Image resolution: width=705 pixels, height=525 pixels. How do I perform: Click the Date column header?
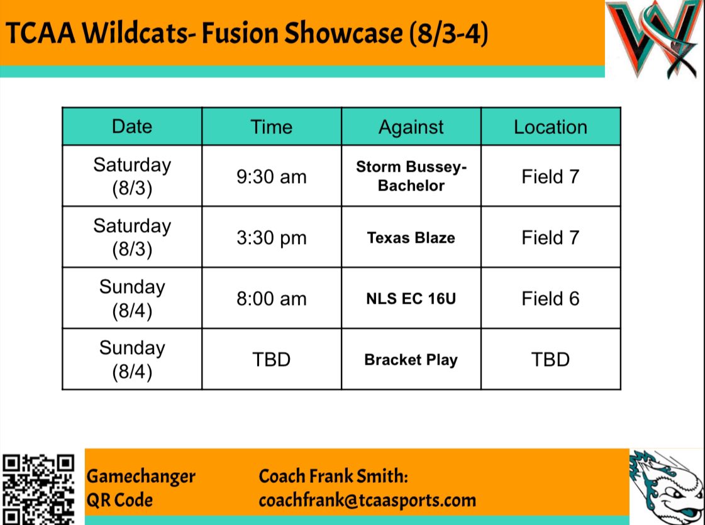132,126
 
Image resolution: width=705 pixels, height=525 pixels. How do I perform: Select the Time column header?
272,126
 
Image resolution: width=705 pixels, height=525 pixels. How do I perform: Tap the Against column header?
411,126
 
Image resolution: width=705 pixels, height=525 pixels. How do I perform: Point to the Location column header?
550,126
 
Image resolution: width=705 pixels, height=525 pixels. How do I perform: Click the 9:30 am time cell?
272,177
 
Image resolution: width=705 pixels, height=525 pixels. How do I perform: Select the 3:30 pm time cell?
272,238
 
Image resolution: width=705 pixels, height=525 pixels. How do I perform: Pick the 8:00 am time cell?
272,299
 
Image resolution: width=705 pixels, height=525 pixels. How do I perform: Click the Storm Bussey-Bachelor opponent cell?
411,177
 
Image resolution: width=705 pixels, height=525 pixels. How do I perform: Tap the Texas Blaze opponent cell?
411,238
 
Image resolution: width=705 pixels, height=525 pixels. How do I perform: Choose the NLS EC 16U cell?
411,299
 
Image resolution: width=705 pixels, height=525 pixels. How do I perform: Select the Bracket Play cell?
411,360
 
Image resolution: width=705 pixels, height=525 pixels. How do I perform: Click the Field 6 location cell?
550,299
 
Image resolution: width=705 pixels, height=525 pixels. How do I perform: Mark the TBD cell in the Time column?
272,360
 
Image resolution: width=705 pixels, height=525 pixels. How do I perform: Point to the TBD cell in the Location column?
550,360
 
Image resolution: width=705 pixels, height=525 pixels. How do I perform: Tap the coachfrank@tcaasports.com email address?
367,500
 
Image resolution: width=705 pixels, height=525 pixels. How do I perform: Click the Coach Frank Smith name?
333,476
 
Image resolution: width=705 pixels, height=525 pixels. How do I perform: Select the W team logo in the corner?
655,39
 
